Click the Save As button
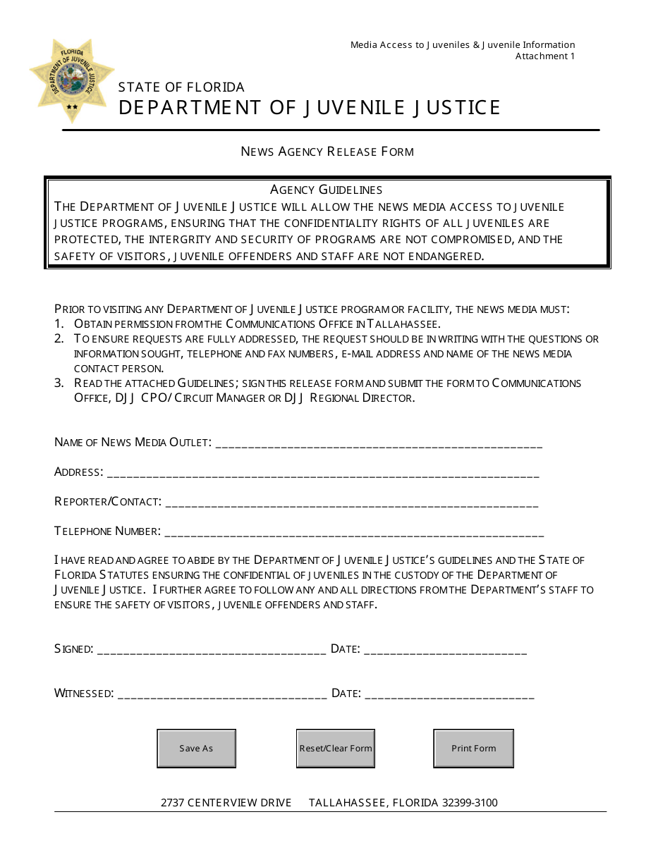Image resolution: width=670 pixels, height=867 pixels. click(x=196, y=749)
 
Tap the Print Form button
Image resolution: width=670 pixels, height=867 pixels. click(x=473, y=749)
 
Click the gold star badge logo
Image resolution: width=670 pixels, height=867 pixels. click(x=72, y=79)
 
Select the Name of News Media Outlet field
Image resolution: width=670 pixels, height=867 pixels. click(x=378, y=443)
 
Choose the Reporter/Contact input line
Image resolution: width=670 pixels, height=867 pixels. click(x=352, y=503)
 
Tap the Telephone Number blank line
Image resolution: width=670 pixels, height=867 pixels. click(x=354, y=532)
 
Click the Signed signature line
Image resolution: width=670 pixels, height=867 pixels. click(x=211, y=650)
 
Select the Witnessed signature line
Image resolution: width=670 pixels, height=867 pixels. click(x=222, y=694)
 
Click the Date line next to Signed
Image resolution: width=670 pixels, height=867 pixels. click(x=445, y=650)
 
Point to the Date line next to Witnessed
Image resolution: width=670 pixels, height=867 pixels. click(x=449, y=694)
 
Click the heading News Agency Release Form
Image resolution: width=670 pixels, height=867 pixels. click(x=327, y=152)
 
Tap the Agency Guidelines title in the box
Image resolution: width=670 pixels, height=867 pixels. click(x=327, y=190)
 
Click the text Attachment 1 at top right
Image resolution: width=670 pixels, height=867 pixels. click(x=544, y=56)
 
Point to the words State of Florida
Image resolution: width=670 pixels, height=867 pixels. click(x=181, y=87)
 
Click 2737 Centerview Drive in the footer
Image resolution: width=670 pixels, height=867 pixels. click(x=226, y=803)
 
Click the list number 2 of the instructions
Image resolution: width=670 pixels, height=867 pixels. click(x=59, y=339)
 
